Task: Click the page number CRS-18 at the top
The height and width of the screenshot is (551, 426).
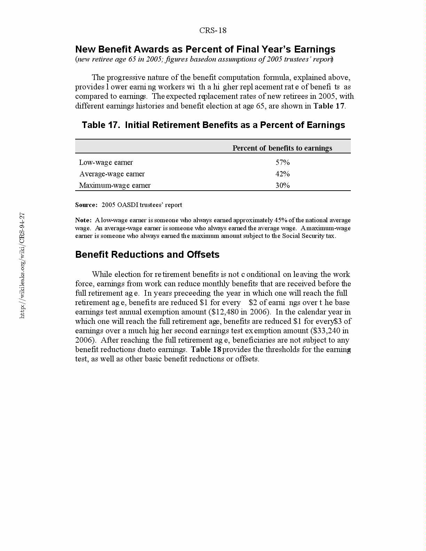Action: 213,31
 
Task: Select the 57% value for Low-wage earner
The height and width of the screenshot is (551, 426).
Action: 282,162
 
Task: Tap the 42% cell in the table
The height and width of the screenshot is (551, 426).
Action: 282,174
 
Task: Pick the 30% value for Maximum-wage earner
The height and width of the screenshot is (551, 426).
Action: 282,185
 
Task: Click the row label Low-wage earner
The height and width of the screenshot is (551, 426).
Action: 106,162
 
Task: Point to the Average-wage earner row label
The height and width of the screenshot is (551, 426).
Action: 112,174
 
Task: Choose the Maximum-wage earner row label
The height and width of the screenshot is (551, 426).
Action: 115,185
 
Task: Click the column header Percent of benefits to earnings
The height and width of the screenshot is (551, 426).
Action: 282,148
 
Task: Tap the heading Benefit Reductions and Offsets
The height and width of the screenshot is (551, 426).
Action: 147,255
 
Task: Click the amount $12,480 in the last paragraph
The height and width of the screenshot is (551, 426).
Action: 224,312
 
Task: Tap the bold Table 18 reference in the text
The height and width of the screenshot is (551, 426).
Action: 206,350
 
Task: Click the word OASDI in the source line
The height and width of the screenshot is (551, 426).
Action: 128,205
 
